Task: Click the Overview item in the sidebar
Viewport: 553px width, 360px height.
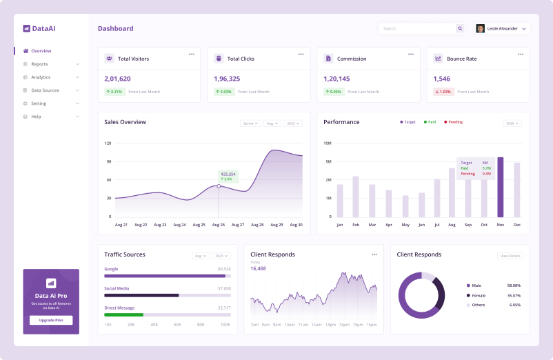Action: click(41, 51)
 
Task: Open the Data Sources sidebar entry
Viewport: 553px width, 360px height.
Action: click(45, 90)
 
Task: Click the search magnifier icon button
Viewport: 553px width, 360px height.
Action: click(460, 29)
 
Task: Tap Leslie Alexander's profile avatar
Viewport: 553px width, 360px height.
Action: click(480, 29)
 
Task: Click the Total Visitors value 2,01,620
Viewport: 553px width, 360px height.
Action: click(117, 79)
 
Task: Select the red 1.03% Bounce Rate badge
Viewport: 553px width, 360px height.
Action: click(443, 92)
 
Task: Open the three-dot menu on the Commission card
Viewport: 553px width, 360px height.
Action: click(410, 54)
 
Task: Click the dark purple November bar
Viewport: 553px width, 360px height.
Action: click(501, 187)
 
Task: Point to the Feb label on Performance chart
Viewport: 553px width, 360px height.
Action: click(355, 225)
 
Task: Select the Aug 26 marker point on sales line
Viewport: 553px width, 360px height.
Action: click(219, 186)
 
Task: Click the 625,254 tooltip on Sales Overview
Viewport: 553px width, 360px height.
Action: click(228, 176)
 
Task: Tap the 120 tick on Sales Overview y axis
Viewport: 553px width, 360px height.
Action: click(108, 143)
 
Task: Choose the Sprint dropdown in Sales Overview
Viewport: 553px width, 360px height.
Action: click(250, 123)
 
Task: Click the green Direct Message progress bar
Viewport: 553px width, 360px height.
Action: click(123, 314)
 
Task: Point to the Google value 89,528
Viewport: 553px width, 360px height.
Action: click(223, 269)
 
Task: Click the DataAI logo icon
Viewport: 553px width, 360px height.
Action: click(26, 29)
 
